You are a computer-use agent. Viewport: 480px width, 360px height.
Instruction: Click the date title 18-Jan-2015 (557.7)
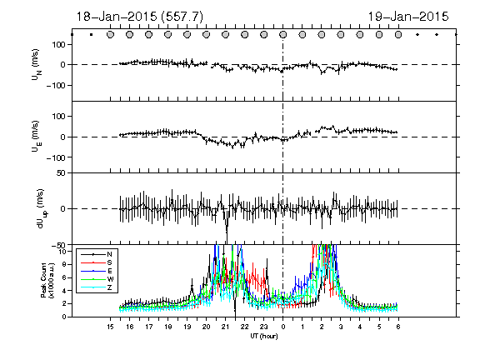(x=139, y=17)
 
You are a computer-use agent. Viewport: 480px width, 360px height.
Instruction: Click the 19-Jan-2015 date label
(x=408, y=17)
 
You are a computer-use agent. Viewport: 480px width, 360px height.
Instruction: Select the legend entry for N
(x=97, y=254)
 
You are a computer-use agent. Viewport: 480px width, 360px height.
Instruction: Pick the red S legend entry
(x=97, y=262)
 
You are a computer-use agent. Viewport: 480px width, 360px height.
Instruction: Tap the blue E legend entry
(x=97, y=271)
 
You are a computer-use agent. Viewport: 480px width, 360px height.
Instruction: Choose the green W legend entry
(x=97, y=279)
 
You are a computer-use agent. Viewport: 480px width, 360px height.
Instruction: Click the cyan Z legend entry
(x=97, y=287)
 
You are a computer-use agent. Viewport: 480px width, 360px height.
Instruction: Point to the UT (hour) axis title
(x=264, y=336)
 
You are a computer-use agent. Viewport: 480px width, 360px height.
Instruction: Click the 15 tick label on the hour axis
(x=110, y=327)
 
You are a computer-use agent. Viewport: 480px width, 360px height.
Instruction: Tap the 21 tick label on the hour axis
(x=225, y=327)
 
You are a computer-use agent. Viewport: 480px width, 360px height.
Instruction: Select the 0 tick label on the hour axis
(x=283, y=327)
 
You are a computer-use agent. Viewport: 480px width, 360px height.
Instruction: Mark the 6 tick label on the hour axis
(x=398, y=327)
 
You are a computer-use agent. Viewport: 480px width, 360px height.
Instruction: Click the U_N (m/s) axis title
(x=37, y=65)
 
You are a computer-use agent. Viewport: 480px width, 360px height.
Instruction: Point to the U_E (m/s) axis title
(x=37, y=137)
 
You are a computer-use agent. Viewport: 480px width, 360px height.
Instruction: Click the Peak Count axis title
(x=47, y=280)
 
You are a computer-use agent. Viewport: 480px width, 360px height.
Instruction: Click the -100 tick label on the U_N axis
(x=56, y=85)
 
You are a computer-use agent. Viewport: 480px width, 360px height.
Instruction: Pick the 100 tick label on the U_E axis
(x=59, y=117)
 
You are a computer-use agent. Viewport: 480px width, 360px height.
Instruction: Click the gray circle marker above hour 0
(x=283, y=35)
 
